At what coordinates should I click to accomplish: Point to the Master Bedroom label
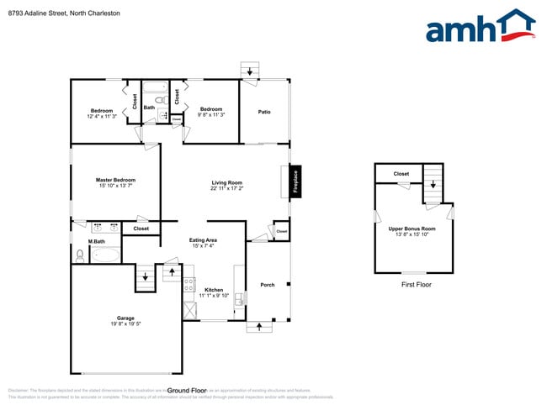tap(115, 180)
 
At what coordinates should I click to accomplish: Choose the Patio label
tap(264, 112)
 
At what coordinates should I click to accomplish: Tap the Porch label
tap(268, 285)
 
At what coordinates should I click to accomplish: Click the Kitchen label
tap(214, 290)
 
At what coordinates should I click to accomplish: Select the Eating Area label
tap(204, 241)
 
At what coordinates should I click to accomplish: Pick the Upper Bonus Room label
tap(412, 229)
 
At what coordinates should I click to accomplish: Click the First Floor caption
tap(417, 285)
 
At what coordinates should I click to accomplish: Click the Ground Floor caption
tap(187, 391)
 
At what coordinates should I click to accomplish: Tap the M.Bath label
tap(96, 242)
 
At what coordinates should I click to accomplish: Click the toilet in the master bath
tap(80, 255)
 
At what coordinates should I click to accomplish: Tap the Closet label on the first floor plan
tap(401, 174)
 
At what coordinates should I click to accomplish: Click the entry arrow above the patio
tap(249, 70)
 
